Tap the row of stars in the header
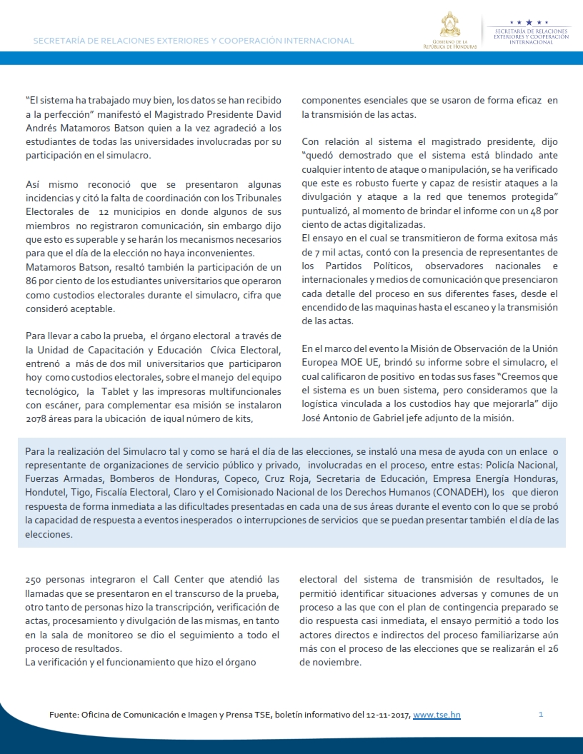(x=529, y=23)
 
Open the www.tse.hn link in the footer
(x=437, y=714)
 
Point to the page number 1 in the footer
(x=541, y=714)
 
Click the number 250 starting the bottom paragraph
(x=33, y=580)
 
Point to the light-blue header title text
(x=194, y=41)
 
